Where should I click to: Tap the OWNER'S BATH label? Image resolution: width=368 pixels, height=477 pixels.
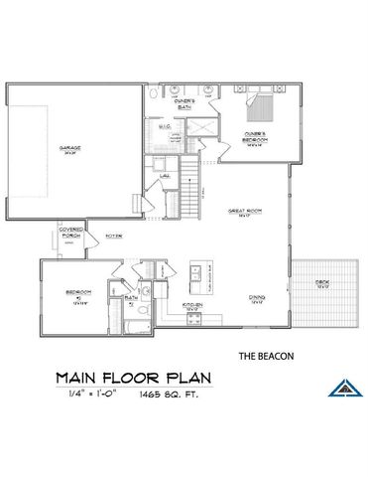pyautogui.click(x=184, y=102)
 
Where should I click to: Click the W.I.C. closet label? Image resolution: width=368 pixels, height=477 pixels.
pyautogui.click(x=165, y=125)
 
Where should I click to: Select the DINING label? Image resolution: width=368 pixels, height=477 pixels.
pyautogui.click(x=255, y=297)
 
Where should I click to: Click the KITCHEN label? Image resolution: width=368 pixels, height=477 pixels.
pyautogui.click(x=193, y=304)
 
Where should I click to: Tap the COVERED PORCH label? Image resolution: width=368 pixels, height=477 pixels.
pyautogui.click(x=69, y=236)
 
